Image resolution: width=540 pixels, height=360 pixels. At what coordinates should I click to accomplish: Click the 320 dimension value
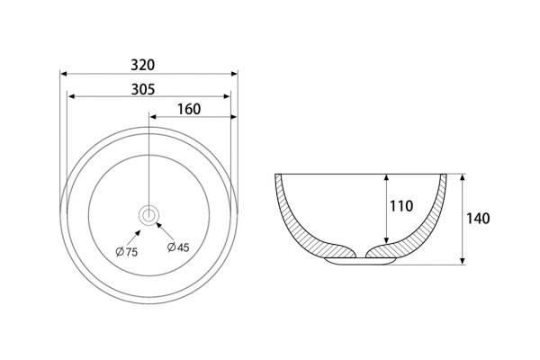click(x=142, y=65)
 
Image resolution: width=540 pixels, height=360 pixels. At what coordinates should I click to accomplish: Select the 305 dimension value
click(x=143, y=89)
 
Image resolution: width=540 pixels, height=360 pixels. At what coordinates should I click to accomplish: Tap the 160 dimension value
click(x=189, y=109)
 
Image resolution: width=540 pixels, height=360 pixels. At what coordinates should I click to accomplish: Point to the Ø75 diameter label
click(x=126, y=252)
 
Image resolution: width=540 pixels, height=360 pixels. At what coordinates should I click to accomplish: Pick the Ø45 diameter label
click(x=178, y=247)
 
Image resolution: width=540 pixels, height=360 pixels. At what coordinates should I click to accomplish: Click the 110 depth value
click(x=401, y=206)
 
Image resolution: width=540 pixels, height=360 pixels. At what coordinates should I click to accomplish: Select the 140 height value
click(x=478, y=219)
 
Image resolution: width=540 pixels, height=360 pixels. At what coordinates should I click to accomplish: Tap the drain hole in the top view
click(x=148, y=215)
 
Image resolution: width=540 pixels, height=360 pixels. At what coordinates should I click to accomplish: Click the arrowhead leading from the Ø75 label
click(x=138, y=232)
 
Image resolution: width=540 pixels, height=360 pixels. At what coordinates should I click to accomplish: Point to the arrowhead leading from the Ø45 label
click(x=159, y=225)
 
